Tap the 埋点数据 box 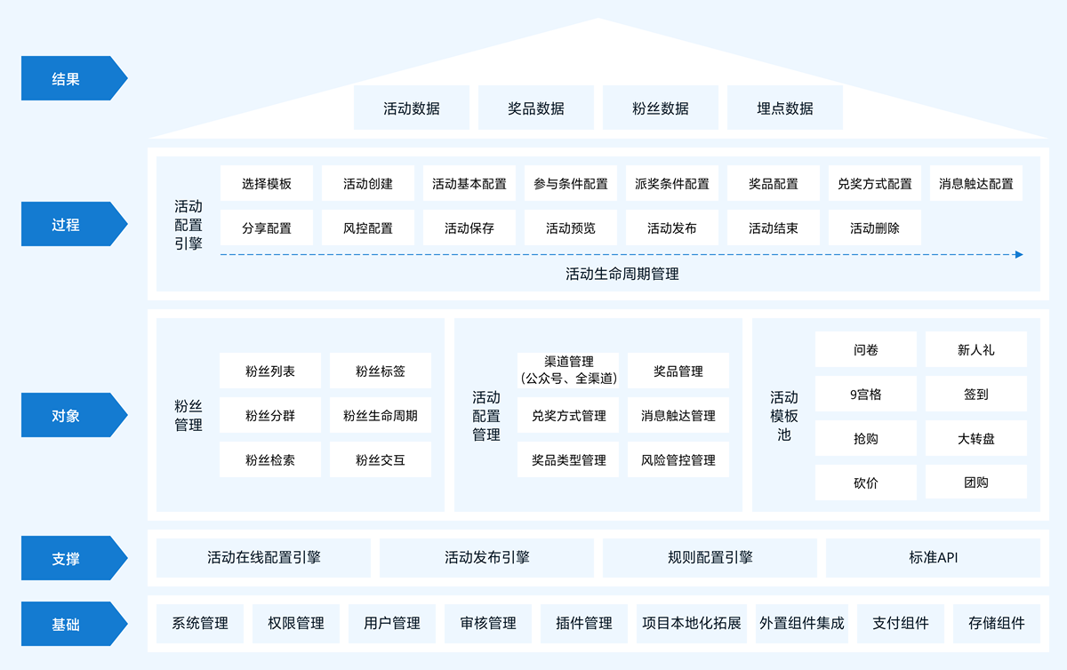784,108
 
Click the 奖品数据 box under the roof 535,108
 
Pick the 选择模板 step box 267,184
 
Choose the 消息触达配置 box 975,184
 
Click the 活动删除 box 874,228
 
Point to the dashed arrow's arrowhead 1019,254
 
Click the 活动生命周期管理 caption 622,275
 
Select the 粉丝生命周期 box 380,415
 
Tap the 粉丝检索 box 269,460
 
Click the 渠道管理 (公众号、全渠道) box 568,371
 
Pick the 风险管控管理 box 678,460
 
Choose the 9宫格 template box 865,394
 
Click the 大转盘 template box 975,438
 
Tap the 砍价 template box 865,483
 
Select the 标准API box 933,558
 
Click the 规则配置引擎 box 710,558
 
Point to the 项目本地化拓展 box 691,623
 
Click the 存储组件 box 996,623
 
